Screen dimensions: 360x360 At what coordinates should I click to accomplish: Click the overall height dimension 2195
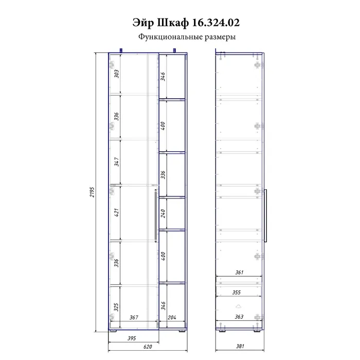[92, 192]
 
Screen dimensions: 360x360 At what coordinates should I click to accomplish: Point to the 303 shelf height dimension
[117, 74]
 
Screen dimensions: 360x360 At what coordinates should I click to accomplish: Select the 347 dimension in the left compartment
[117, 162]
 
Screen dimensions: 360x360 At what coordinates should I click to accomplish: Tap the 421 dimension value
[117, 212]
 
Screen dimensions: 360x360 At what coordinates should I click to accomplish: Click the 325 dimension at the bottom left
[116, 307]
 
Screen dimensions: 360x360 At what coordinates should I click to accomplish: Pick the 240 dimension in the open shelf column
[163, 213]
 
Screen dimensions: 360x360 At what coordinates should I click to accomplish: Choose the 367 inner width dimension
[134, 317]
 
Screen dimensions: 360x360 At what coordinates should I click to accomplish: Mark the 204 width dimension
[172, 317]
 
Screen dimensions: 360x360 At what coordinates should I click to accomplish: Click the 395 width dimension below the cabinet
[132, 338]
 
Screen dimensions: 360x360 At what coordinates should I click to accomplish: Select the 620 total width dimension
[148, 347]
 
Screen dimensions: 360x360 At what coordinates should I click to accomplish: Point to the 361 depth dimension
[239, 272]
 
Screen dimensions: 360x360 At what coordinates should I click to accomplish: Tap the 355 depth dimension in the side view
[237, 293]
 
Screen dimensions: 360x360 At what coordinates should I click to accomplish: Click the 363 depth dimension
[239, 317]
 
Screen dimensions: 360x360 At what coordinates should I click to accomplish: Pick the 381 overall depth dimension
[240, 346]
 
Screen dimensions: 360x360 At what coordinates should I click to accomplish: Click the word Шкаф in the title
[173, 23]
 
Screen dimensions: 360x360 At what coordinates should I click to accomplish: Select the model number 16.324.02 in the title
[215, 23]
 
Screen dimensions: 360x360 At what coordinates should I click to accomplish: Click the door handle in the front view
[156, 215]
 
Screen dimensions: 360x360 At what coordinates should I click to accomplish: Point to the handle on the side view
[266, 215]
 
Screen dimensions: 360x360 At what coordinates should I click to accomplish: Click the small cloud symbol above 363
[239, 307]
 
